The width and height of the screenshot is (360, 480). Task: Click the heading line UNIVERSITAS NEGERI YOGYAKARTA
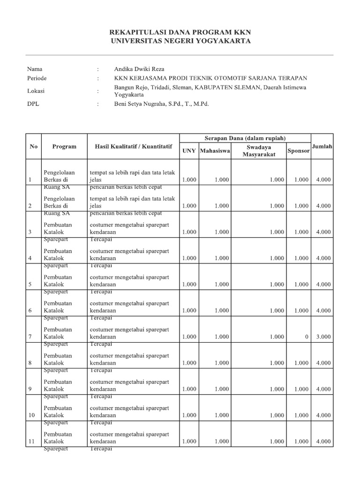[x=180, y=41]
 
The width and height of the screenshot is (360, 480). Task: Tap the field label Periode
[x=37, y=78]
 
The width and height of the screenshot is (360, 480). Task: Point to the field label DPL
[x=33, y=104]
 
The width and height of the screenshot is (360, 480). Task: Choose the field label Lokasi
[x=36, y=91]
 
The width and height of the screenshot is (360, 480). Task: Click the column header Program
[x=64, y=146]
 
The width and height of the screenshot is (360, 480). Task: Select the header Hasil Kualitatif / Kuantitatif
[x=134, y=146]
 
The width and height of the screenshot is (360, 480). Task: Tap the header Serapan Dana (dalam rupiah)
[x=245, y=138]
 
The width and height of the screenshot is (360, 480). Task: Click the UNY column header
[x=189, y=151]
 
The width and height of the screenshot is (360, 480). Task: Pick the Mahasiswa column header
[x=215, y=151]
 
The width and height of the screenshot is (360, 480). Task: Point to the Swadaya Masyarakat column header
[x=258, y=151]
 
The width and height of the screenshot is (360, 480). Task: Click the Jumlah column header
[x=322, y=146]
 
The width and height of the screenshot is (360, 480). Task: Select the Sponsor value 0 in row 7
[x=307, y=337]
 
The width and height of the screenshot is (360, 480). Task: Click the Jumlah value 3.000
[x=323, y=337]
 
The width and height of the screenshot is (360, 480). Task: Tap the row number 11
[x=31, y=442]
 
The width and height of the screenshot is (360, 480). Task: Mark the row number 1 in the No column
[x=30, y=180]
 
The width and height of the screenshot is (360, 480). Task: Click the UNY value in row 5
[x=189, y=284]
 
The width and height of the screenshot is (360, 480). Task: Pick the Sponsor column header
[x=299, y=151]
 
